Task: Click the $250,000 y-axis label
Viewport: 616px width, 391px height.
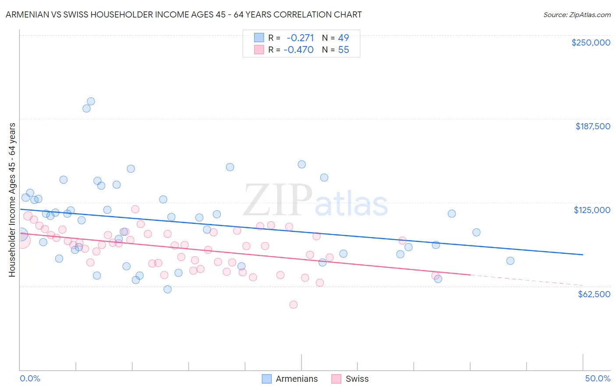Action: click(x=591, y=43)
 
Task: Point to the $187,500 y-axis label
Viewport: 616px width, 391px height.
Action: click(x=592, y=126)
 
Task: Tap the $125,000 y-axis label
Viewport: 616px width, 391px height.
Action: click(x=592, y=210)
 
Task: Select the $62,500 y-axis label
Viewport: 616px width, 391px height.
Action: click(x=594, y=294)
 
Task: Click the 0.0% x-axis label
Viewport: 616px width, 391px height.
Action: click(x=30, y=378)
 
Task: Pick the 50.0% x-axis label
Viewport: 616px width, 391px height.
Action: click(x=598, y=378)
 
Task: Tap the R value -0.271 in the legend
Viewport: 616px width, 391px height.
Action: click(x=300, y=38)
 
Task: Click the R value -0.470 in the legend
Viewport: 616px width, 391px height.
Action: click(x=298, y=50)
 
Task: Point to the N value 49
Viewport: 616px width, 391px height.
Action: click(x=343, y=38)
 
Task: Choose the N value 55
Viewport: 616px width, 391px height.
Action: click(x=343, y=50)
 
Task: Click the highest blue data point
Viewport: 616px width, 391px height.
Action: click(x=91, y=101)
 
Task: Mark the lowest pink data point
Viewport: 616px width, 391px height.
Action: click(x=294, y=305)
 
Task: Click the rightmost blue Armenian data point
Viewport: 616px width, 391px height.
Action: click(x=510, y=261)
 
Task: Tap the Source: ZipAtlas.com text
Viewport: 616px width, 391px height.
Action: click(x=577, y=14)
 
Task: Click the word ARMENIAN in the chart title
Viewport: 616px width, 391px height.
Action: click(x=27, y=14)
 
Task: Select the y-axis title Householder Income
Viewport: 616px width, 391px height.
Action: click(x=12, y=199)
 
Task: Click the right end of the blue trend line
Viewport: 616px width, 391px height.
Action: click(x=583, y=254)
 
